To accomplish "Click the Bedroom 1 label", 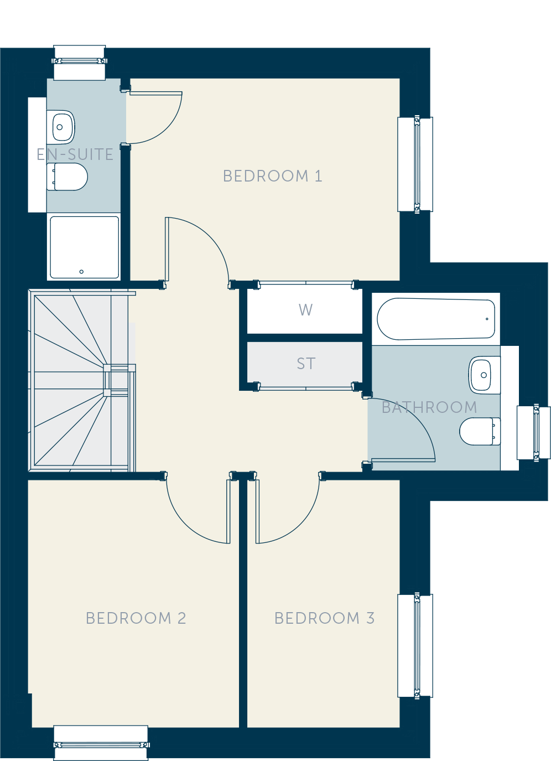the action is click(272, 176).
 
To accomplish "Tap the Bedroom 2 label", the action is click(136, 618).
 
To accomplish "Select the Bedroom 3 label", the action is click(324, 618).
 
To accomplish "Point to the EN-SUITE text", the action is click(75, 154).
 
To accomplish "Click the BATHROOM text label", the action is click(429, 407).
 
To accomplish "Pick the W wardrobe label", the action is click(305, 310).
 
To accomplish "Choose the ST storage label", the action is click(306, 364).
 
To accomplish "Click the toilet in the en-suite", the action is click(67, 177).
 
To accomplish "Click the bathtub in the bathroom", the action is click(436, 319).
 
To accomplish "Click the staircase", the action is click(81, 381).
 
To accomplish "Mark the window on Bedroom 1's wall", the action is click(415, 164).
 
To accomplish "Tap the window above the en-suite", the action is click(80, 63).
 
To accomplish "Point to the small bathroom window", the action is click(533, 432).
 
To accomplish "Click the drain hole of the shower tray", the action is click(81, 271).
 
